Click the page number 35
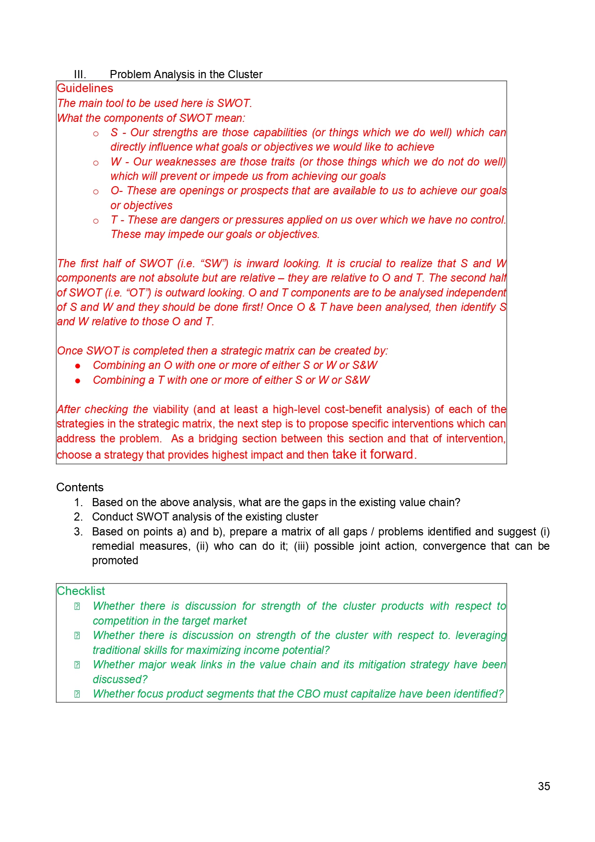point(544,786)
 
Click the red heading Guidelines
point(85,88)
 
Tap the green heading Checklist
point(81,591)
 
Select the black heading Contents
point(80,487)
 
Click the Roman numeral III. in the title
point(80,74)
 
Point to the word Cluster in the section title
point(245,74)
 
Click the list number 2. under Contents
point(78,517)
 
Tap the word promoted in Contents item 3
point(115,560)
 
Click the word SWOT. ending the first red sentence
point(234,103)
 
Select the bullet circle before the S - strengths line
point(96,134)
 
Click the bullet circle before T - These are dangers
point(96,221)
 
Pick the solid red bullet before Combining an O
point(78,366)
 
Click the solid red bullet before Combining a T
point(78,381)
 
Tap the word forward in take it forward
point(391,454)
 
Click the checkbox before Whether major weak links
point(77,665)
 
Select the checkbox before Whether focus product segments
point(77,694)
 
